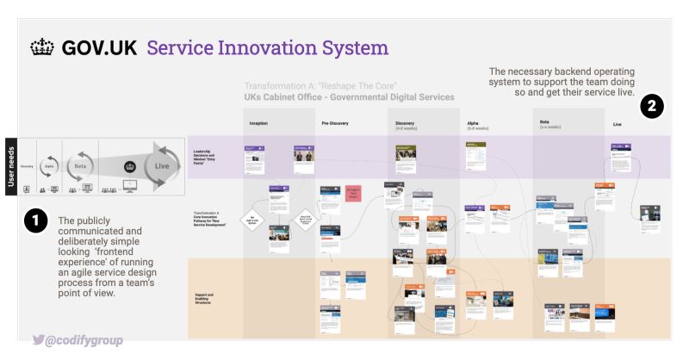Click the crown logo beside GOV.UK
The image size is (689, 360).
[x=41, y=47]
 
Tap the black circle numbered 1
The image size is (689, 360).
[x=34, y=222]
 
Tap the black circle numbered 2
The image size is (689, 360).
[x=652, y=107]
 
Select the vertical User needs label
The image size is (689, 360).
[x=11, y=166]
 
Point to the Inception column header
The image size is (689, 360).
[x=258, y=124]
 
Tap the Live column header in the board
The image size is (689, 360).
[x=617, y=124]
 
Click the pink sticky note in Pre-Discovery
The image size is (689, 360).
[x=353, y=191]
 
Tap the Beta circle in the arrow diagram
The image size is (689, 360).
[x=81, y=167]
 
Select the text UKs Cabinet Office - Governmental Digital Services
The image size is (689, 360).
[x=349, y=97]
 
